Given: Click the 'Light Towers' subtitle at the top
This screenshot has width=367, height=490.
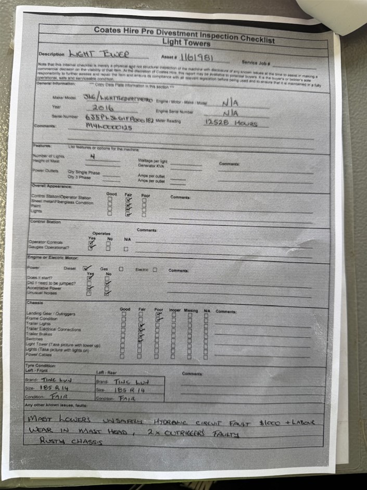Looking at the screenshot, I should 186,42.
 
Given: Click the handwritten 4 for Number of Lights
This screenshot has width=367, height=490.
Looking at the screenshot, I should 93,156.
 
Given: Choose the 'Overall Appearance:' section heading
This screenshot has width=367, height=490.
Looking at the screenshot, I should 52,186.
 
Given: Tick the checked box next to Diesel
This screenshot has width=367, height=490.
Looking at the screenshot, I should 87,268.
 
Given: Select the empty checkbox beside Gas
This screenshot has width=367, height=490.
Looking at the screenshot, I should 121,269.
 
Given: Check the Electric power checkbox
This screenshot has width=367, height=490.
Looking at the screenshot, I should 155,270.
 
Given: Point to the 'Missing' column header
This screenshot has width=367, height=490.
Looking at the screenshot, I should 191,310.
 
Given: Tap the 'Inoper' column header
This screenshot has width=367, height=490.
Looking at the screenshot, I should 174,310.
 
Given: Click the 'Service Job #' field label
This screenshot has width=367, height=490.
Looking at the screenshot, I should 256,62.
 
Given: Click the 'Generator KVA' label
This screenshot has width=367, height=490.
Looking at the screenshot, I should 150,166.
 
